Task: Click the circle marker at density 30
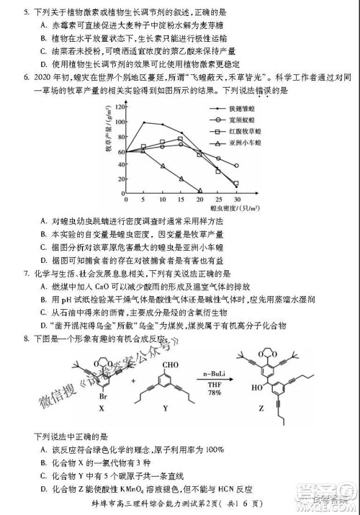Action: tap(237, 166)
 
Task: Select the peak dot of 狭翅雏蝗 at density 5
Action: tap(144, 122)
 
